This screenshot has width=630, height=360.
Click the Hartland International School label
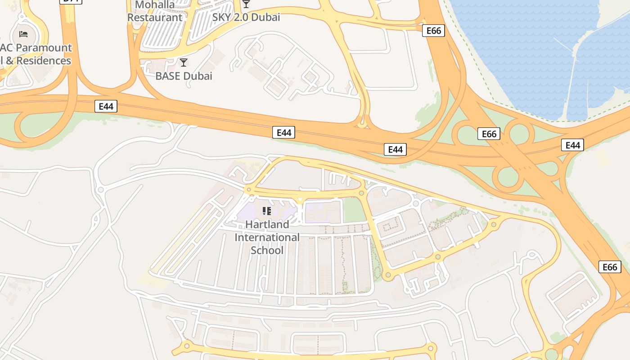(267, 237)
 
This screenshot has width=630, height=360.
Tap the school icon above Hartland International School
(266, 211)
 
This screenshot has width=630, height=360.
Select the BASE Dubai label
(184, 76)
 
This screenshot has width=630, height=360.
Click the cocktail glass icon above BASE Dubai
(183, 62)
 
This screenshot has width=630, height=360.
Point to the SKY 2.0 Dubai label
(247, 18)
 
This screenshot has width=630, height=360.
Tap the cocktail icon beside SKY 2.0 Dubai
(246, 4)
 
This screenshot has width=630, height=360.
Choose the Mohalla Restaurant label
(155, 11)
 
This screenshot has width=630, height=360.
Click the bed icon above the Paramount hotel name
(23, 34)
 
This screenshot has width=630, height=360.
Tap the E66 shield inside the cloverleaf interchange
(489, 134)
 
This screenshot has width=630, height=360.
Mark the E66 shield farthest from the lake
(610, 267)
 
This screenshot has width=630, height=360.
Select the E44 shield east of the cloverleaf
(572, 145)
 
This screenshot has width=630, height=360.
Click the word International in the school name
(267, 237)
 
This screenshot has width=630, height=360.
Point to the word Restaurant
(155, 18)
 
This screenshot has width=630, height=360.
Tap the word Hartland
(267, 224)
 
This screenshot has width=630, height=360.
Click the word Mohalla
(155, 5)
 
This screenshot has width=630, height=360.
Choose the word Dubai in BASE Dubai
(198, 76)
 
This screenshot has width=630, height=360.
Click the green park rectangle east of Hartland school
(355, 210)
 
